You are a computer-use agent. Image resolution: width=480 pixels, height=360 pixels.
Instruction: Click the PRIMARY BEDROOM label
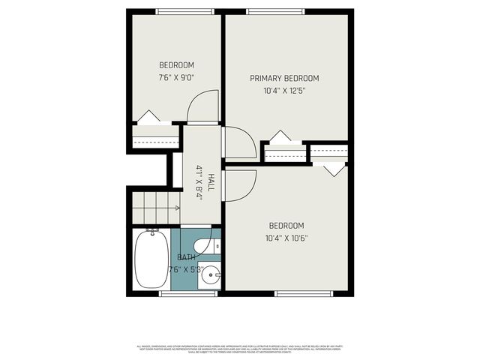click(284, 78)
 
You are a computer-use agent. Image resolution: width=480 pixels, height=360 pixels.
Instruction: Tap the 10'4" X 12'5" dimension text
click(284, 91)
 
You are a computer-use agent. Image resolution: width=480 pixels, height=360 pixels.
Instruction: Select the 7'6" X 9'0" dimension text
click(176, 76)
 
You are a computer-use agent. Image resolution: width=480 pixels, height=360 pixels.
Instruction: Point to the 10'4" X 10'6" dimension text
click(287, 238)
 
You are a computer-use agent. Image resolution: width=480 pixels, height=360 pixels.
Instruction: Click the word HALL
click(211, 181)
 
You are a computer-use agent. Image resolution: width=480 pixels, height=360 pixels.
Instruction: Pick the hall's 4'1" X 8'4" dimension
click(199, 182)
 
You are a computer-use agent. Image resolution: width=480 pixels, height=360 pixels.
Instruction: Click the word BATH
click(187, 257)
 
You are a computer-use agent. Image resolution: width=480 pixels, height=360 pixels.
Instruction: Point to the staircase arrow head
click(177, 208)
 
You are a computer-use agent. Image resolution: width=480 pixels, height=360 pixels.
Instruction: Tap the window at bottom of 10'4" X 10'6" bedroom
click(298, 293)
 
